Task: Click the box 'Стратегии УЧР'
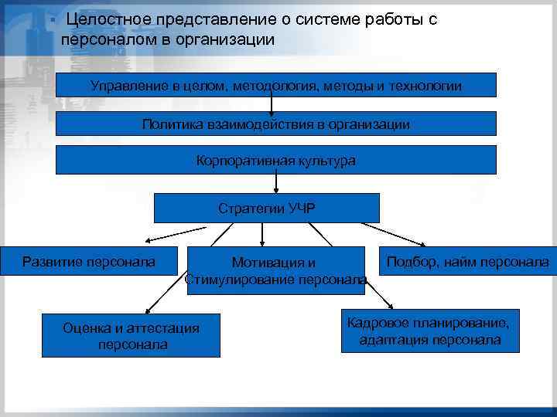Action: (267, 208)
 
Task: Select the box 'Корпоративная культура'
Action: (276, 160)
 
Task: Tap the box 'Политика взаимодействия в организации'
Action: (276, 124)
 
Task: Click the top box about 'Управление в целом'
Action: (276, 86)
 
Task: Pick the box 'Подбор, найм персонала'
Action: (467, 263)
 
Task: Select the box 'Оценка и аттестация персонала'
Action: (131, 336)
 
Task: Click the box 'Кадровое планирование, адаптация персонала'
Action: (430, 331)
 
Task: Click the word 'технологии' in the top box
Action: (425, 86)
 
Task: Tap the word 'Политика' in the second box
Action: (169, 124)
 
